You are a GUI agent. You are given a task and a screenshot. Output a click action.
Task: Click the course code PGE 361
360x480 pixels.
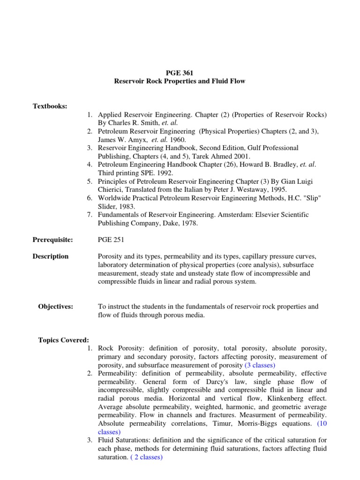point(180,73)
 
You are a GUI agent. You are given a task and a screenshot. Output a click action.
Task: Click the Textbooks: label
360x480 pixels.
point(50,106)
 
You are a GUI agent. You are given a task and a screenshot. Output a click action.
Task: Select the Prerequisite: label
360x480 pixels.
point(52,240)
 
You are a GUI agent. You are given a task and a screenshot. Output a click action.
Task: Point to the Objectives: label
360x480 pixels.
point(55,307)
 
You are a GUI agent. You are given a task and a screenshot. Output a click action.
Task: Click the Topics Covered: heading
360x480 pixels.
point(63,340)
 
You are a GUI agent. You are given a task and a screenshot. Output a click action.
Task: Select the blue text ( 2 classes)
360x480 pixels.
point(145,457)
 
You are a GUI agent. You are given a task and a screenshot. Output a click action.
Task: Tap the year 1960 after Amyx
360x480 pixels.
point(179,140)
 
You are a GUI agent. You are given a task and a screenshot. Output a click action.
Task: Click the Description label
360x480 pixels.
point(51,256)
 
